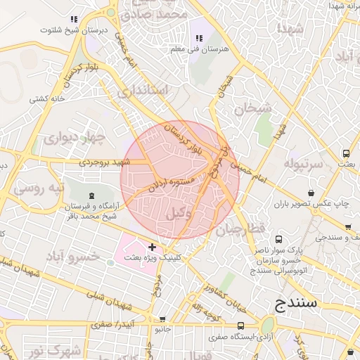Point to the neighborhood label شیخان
pyautogui.click(x=252, y=108)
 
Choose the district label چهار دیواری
pyautogui.click(x=73, y=137)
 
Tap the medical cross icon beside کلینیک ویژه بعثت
pyautogui.click(x=153, y=247)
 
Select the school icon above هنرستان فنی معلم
pyautogui.click(x=198, y=38)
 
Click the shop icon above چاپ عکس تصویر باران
pyautogui.click(x=311, y=193)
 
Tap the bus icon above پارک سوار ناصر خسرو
pyautogui.click(x=278, y=238)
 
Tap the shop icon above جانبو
pyautogui.click(x=162, y=319)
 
